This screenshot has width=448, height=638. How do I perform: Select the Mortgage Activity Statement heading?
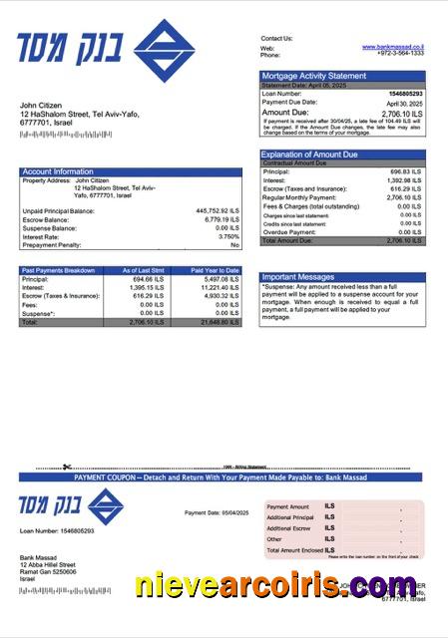tap(313, 76)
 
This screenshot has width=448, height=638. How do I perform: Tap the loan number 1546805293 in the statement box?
tap(404, 94)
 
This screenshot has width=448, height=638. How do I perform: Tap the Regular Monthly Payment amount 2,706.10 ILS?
tap(403, 197)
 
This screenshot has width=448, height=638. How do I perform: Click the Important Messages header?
tap(297, 277)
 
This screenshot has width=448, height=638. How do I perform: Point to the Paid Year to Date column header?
tap(215, 270)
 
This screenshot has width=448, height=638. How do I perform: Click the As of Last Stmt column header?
tap(142, 270)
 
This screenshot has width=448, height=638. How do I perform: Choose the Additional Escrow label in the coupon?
tap(289, 528)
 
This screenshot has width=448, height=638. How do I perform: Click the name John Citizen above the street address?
tap(42, 105)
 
